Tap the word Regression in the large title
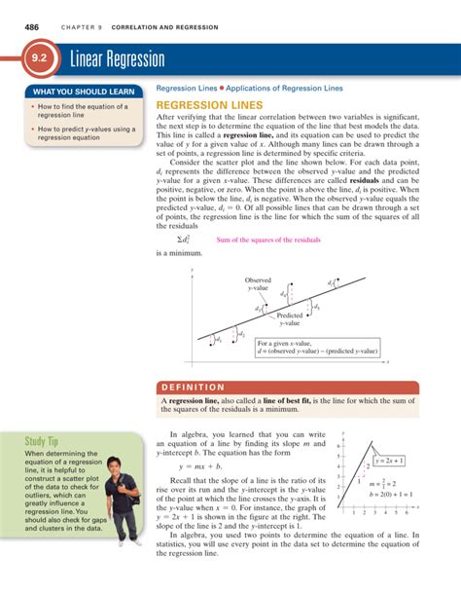coord(132,60)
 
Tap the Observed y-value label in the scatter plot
coord(258,283)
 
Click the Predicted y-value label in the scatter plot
coord(290,319)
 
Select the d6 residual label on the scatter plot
coord(332,283)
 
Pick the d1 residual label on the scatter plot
coord(217,340)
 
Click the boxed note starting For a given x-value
coord(316,347)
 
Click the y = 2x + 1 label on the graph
coord(389,460)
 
